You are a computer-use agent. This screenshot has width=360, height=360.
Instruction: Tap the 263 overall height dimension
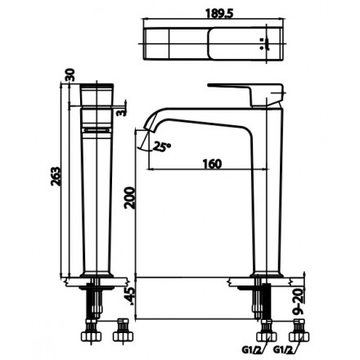pos(56,187)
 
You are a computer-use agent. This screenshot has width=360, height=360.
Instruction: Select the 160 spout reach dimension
pos(210,164)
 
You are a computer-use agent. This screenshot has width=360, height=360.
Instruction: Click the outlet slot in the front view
pos(96,128)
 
